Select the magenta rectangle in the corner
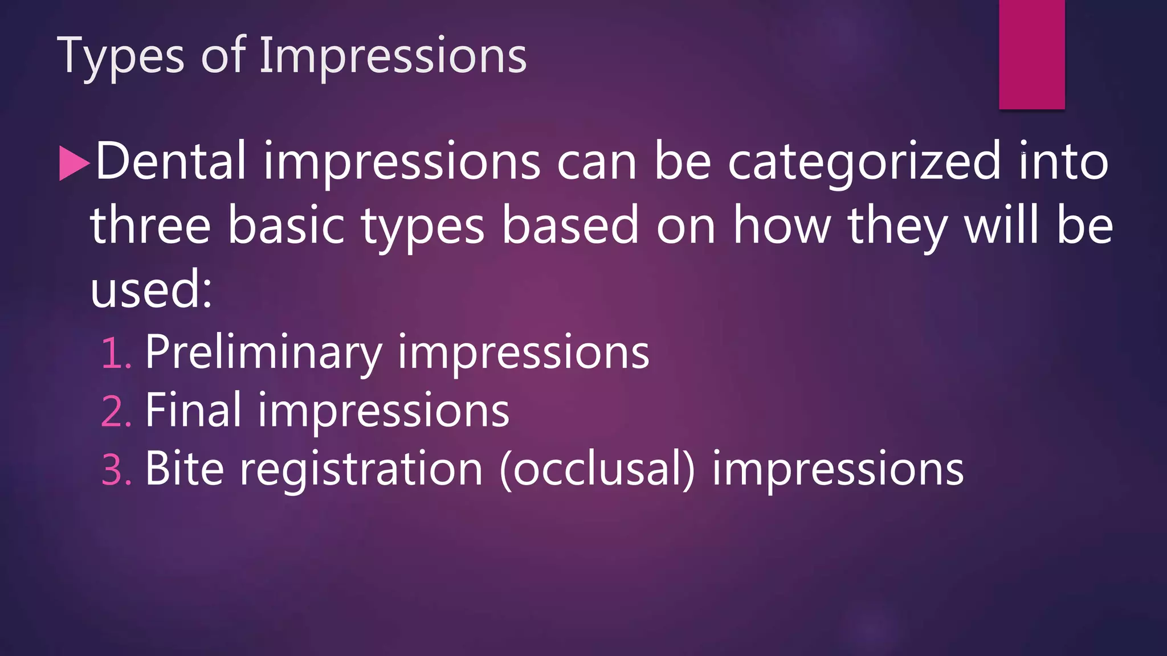pyautogui.click(x=1031, y=54)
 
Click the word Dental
pyautogui.click(x=170, y=162)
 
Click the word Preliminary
pyautogui.click(x=263, y=353)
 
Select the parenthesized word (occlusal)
pyautogui.click(x=597, y=469)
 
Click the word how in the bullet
pyautogui.click(x=782, y=226)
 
